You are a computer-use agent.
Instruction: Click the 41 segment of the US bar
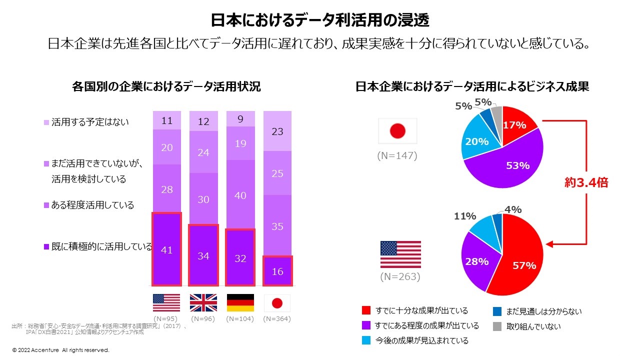coord(166,249)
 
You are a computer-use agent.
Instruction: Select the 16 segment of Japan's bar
coord(277,271)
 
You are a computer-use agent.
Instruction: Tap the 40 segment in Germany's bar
coord(240,195)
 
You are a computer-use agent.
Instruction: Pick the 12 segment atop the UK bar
coord(203,121)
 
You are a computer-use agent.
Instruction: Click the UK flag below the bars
coord(203,303)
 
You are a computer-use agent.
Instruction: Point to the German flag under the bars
coord(240,303)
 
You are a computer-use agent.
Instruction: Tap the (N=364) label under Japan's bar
coord(277,318)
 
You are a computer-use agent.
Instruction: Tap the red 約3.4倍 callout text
coord(586,182)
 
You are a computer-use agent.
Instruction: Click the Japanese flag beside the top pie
coord(397,131)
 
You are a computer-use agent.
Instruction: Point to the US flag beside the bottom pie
coord(400,254)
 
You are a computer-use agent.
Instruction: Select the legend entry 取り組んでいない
coord(533,326)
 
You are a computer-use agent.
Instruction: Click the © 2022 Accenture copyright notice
coord(60,350)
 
